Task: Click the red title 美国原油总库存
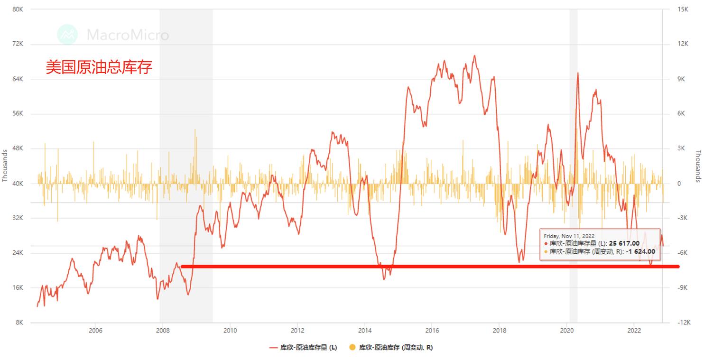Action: click(x=99, y=67)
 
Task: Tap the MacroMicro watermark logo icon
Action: click(x=67, y=35)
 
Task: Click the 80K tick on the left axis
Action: click(x=18, y=9)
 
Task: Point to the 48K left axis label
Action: click(x=18, y=148)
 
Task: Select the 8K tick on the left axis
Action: click(x=19, y=323)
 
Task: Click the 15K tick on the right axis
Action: click(x=683, y=9)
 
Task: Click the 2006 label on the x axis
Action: click(x=95, y=331)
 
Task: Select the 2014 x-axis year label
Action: click(x=365, y=331)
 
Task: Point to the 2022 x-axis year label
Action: click(x=634, y=331)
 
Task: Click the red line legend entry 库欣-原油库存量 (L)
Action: click(x=303, y=348)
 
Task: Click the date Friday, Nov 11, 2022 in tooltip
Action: click(x=569, y=236)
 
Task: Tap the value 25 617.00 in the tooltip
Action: click(x=624, y=243)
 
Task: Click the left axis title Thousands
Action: click(x=5, y=166)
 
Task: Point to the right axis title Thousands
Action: click(x=698, y=166)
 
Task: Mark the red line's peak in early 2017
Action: click(x=474, y=55)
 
